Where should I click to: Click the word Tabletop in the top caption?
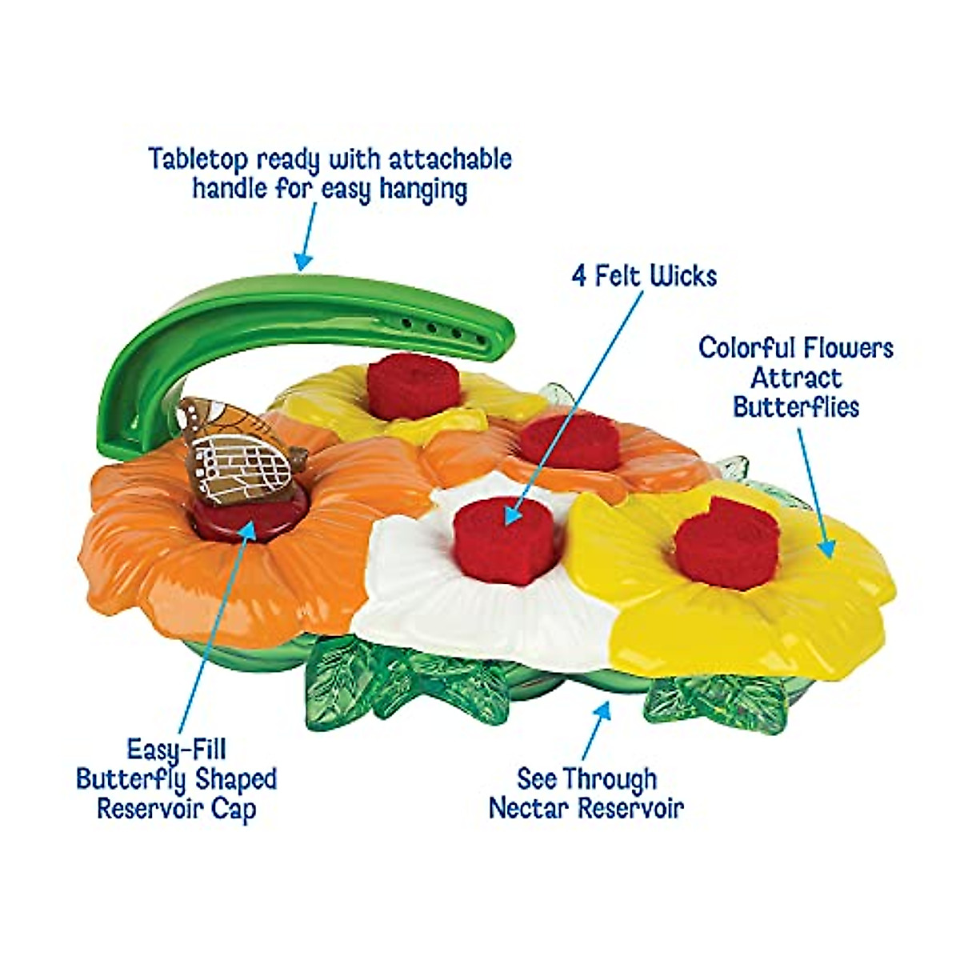[197, 159]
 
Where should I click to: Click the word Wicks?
[682, 277]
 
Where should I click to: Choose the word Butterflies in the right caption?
[796, 406]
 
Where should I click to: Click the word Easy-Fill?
[177, 750]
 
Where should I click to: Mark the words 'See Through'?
[586, 778]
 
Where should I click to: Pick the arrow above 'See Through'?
[596, 729]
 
